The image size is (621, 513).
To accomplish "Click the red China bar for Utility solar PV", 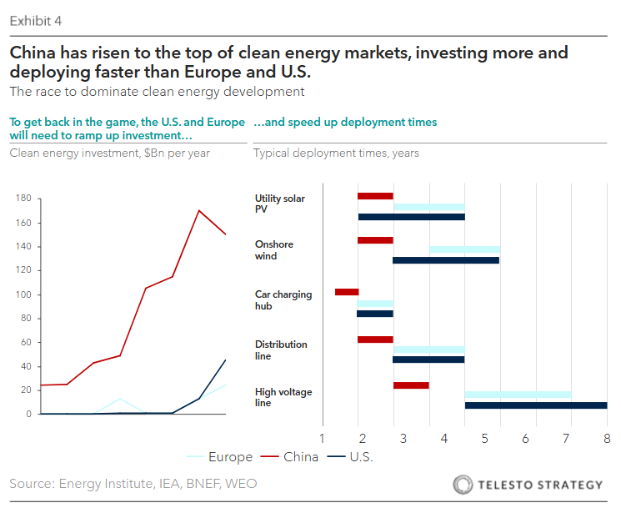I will click(375, 196).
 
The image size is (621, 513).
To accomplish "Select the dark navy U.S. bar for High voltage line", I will click(535, 405).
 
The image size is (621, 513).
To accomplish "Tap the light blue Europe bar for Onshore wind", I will click(464, 249).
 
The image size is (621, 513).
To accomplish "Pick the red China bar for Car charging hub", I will click(347, 292).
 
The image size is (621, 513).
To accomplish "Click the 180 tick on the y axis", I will click(23, 199).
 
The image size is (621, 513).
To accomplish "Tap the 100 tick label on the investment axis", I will click(23, 294).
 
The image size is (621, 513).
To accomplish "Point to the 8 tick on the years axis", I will click(606, 438).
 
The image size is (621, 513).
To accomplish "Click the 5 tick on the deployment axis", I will click(484, 438).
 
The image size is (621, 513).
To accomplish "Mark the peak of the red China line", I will click(198, 210).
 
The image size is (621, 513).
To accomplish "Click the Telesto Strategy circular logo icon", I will click(462, 485).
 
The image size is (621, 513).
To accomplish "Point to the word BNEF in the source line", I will click(188, 484).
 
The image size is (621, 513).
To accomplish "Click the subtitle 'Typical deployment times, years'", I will click(336, 153).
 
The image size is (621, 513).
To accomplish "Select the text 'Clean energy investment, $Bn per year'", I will click(109, 153).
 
